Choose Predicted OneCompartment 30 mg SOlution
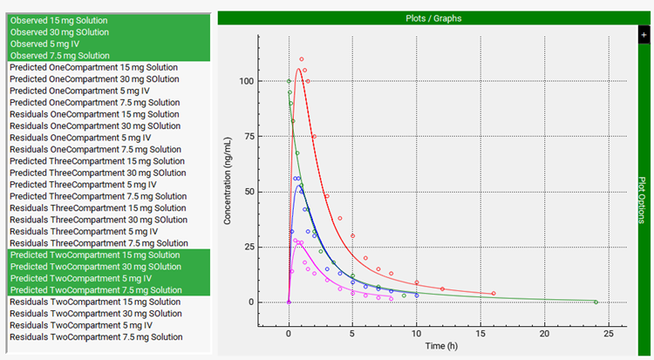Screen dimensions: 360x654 (x=94, y=78)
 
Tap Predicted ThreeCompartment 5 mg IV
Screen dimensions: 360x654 (x=83, y=185)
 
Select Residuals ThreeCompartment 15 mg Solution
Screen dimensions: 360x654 (x=98, y=208)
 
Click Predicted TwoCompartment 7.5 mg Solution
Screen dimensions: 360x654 (x=95, y=290)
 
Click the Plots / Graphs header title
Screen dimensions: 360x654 (x=433, y=17)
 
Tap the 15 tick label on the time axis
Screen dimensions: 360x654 (x=417, y=333)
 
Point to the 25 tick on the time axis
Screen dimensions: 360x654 (x=609, y=333)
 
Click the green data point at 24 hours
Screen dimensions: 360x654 (x=596, y=302)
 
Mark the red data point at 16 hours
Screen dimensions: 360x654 (x=494, y=294)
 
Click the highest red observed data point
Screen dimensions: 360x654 (x=302, y=59)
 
